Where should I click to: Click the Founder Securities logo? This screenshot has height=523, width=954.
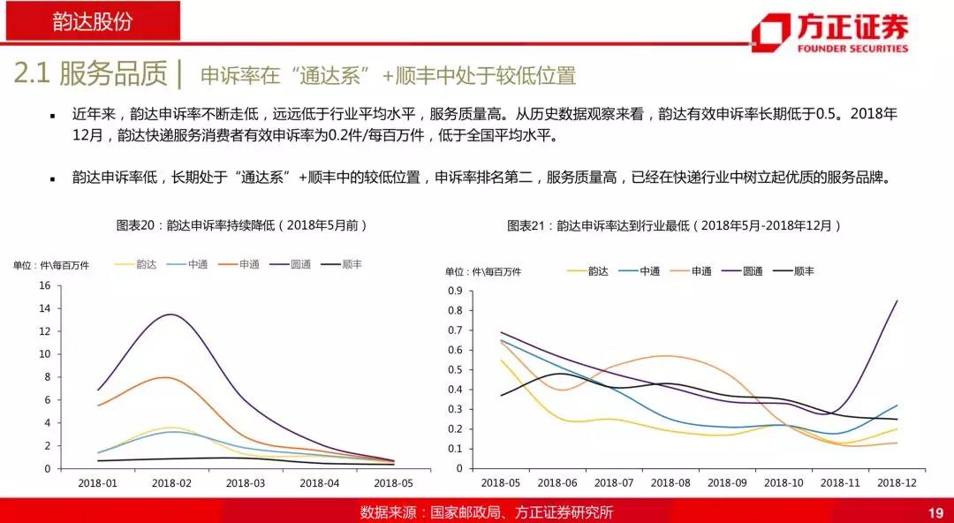pos(829,34)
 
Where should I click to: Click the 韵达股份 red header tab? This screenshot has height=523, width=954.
pos(91,22)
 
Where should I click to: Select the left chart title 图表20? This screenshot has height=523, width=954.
pos(241,225)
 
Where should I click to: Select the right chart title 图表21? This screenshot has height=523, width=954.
pos(674,225)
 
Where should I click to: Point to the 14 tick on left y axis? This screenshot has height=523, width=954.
pos(45,308)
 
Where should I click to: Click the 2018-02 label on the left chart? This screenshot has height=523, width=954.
pos(171,483)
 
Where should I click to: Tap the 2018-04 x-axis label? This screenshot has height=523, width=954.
pos(320,483)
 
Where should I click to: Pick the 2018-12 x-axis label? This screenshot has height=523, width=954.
pos(897,483)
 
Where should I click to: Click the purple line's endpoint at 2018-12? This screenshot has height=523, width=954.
pos(897,300)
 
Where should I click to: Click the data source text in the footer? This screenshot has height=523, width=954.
pos(486,512)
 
